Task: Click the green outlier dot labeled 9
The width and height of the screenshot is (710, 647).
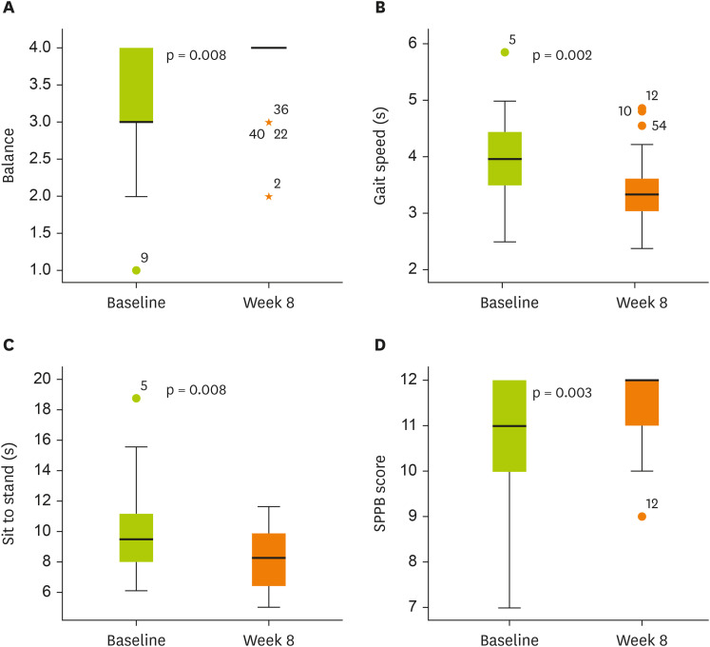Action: (136, 270)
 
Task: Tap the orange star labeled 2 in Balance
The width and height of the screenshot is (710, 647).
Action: (269, 196)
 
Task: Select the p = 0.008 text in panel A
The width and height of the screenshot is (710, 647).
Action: (196, 56)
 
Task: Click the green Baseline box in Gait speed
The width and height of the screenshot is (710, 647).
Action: (504, 158)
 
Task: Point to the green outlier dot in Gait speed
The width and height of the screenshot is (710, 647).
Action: (504, 52)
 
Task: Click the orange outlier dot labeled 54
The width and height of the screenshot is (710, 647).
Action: (642, 126)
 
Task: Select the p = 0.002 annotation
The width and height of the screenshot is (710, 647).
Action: (563, 56)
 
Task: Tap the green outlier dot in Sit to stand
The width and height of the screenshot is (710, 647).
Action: (136, 399)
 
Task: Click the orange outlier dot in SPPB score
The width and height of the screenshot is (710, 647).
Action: (642, 517)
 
